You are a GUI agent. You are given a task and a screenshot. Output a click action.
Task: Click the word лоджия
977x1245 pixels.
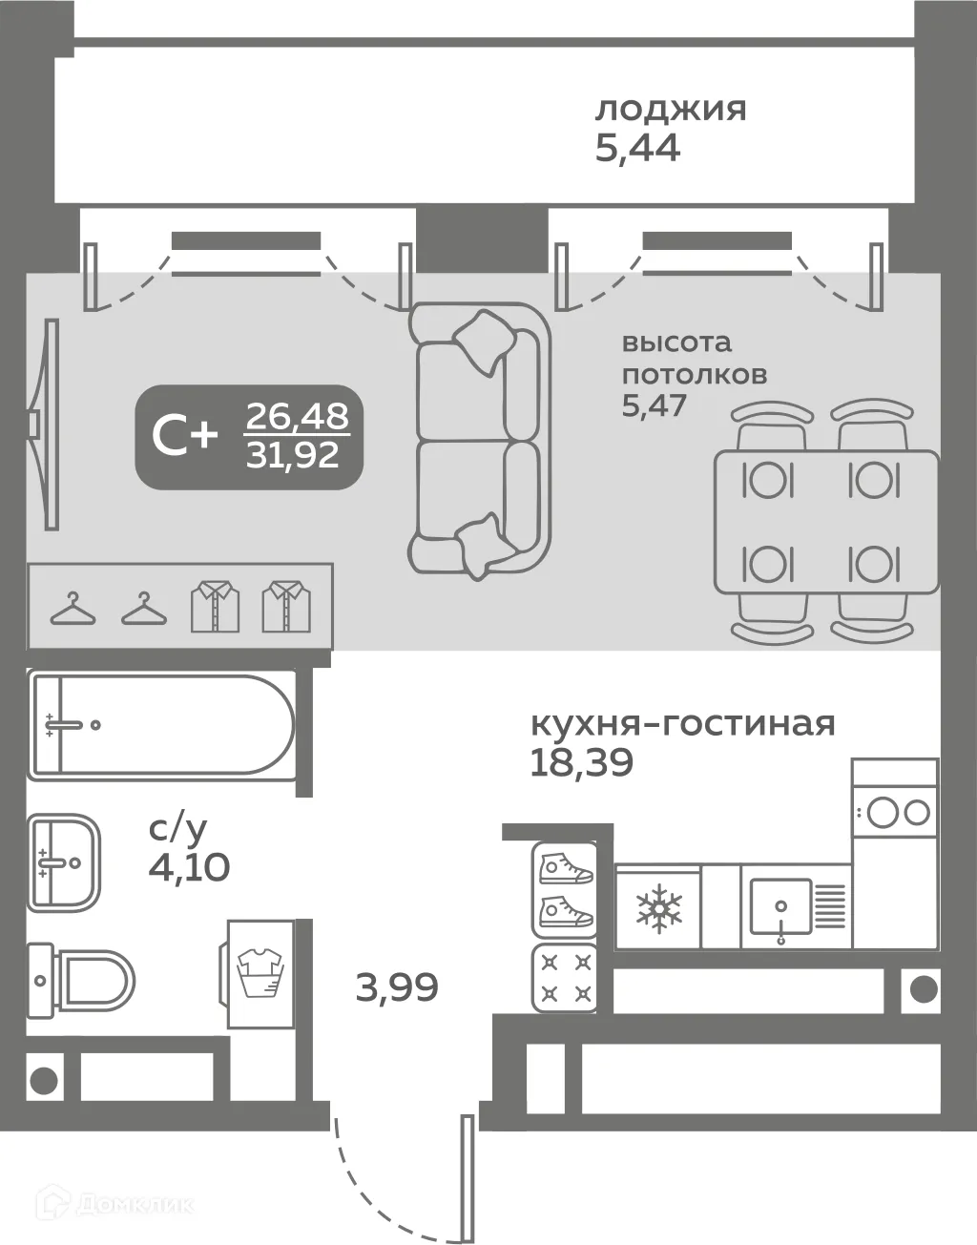(671, 110)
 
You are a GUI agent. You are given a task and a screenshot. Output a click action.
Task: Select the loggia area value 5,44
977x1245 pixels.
(637, 150)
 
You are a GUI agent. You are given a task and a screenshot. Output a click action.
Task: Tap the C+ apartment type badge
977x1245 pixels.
(185, 437)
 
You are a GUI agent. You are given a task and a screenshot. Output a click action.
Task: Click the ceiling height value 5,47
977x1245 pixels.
(655, 405)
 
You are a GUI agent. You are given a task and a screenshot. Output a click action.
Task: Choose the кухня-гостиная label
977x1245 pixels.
(682, 723)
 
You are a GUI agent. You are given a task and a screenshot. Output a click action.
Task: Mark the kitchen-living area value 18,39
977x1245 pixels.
(582, 763)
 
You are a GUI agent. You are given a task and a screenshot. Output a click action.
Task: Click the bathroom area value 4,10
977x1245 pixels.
(189, 867)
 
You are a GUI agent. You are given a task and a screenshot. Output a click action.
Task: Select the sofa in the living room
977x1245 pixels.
(480, 440)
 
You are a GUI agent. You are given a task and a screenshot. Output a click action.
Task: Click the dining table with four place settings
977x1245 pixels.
(825, 522)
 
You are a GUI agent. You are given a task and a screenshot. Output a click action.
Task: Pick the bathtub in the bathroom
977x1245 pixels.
(161, 725)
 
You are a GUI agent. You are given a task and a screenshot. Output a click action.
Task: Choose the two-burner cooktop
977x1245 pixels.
(894, 813)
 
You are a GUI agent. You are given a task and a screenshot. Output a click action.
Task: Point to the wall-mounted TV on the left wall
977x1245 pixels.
(43, 422)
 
